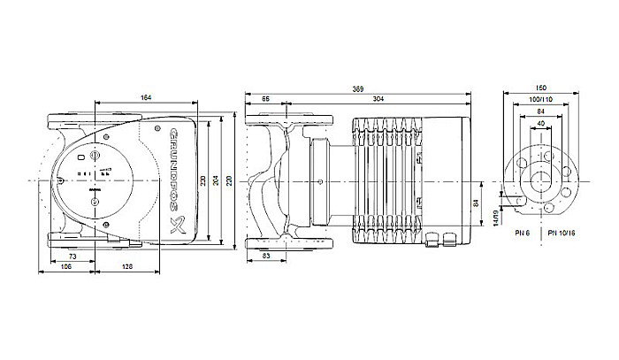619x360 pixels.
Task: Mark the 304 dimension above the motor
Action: [378, 100]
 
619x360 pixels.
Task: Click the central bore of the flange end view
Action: [541, 181]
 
